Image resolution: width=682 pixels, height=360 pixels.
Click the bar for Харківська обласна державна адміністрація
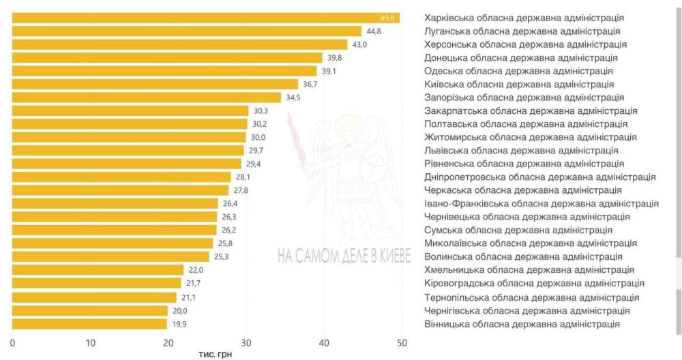click(x=206, y=18)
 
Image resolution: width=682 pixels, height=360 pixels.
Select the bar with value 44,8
click(x=187, y=31)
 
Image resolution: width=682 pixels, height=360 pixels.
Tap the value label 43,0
click(x=359, y=44)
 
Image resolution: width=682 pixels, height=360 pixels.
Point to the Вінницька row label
click(x=522, y=324)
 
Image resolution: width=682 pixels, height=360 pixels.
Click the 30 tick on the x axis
click(x=246, y=343)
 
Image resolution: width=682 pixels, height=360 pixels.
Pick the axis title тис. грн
click(x=216, y=354)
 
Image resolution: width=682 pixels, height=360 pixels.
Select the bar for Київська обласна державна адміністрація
click(x=155, y=85)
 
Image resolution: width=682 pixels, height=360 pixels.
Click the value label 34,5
click(x=293, y=97)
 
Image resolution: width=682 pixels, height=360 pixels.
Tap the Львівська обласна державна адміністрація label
click(x=521, y=151)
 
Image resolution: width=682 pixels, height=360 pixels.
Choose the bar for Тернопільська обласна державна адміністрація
click(x=94, y=297)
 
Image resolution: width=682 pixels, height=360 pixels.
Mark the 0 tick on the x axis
click(x=12, y=343)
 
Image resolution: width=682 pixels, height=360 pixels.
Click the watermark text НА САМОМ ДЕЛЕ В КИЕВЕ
click(x=344, y=256)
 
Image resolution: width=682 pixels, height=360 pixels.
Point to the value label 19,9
click(x=179, y=324)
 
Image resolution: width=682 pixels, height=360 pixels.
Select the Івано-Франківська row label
click(x=542, y=203)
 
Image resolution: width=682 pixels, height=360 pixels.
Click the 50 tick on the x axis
click(x=402, y=343)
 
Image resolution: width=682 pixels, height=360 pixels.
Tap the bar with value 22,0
click(x=98, y=270)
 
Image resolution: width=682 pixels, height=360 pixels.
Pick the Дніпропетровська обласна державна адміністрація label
click(x=539, y=177)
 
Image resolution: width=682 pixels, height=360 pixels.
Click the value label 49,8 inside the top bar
click(x=387, y=18)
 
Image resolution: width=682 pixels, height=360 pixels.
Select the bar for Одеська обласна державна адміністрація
click(x=164, y=71)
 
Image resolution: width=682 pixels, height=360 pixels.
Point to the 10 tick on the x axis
click(x=90, y=343)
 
